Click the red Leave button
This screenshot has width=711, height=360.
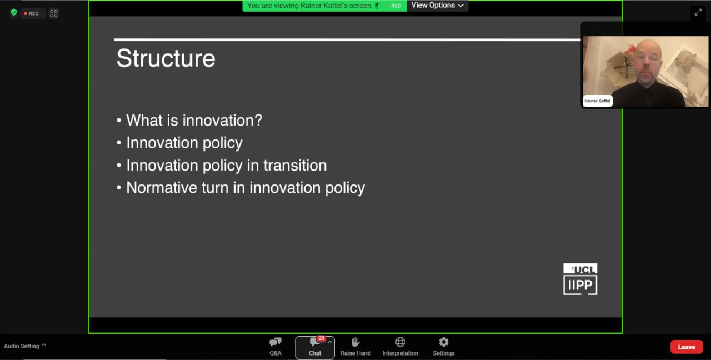coord(686,347)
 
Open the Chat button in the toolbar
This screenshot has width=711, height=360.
coord(314,347)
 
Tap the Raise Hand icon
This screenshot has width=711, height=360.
coord(355,342)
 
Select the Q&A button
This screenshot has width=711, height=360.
coord(275,347)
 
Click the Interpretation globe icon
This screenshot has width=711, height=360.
coord(400,342)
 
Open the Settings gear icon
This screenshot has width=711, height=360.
coord(443,342)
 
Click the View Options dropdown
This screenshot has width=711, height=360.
coord(437,6)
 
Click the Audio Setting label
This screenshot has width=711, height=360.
coord(21,346)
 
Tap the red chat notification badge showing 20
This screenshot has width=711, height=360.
coord(321,338)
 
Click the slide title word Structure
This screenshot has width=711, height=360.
coord(166,58)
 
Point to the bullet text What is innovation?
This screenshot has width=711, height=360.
coord(194,121)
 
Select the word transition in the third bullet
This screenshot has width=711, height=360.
coord(295,166)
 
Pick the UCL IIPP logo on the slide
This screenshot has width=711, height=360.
coord(580,279)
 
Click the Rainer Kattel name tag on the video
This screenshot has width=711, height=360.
coord(597,101)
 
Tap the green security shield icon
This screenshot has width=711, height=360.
coord(14,12)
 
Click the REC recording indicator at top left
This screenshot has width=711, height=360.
coord(32,14)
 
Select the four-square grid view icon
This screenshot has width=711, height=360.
coord(54,13)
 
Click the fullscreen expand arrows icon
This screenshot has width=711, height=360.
coord(698,12)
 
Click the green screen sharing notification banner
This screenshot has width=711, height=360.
coord(324,6)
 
